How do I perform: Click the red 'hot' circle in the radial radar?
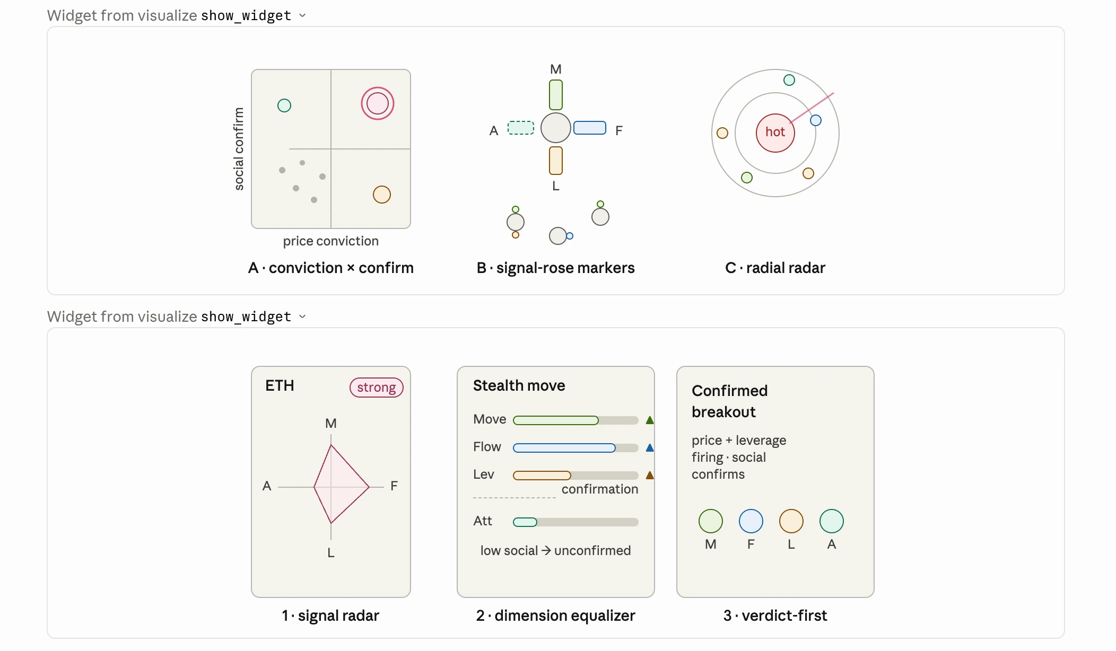(775, 133)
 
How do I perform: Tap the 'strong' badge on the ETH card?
(377, 388)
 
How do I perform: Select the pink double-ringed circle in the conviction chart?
(378, 103)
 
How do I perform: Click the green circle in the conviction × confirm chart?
(284, 105)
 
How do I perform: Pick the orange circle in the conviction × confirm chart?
(382, 195)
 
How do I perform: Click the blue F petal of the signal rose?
(590, 128)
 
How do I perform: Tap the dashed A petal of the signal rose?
(521, 128)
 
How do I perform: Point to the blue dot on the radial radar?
(816, 120)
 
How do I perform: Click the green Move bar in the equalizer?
(556, 420)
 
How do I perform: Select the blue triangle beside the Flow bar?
(650, 448)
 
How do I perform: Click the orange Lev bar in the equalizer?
(542, 476)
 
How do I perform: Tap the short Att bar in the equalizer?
(525, 522)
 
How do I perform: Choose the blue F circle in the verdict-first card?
(751, 521)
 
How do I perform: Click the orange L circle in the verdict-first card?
(791, 521)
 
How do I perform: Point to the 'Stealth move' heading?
(519, 385)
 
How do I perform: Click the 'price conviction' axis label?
(331, 241)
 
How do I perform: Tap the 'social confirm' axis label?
(239, 149)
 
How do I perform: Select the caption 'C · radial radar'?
(775, 268)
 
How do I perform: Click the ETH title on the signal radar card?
(280, 385)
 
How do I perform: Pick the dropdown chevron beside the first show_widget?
(302, 15)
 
